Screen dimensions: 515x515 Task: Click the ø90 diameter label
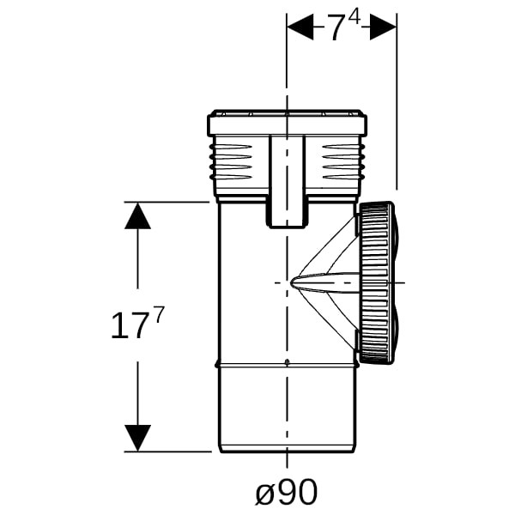287,492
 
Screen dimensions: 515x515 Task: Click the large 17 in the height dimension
128,326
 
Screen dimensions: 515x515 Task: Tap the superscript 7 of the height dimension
158,315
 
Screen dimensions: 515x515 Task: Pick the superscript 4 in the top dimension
354,19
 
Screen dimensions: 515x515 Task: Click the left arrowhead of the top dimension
300,27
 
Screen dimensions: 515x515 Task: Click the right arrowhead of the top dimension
383,27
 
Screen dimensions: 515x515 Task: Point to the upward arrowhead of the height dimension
137,215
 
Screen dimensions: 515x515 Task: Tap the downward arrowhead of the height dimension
137,438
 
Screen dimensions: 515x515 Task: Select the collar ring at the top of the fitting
288,123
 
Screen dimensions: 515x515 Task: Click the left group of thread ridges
231,161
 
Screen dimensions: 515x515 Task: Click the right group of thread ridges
342,161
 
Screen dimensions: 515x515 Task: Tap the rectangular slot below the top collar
288,181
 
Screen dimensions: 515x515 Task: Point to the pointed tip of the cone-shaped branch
291,282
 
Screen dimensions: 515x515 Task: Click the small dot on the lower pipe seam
287,362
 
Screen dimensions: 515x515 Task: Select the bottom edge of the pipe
288,452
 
